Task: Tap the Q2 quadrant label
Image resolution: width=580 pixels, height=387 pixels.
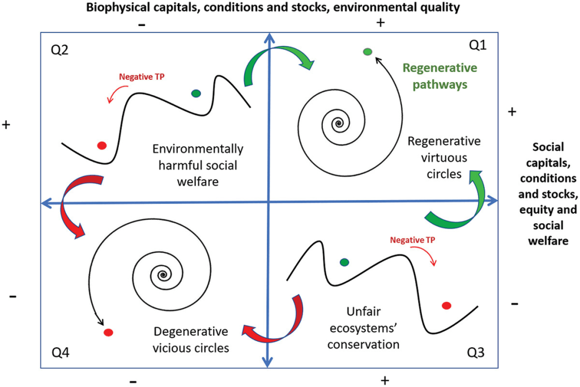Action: pyautogui.click(x=59, y=50)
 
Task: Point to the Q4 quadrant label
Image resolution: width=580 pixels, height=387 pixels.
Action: pyautogui.click(x=61, y=353)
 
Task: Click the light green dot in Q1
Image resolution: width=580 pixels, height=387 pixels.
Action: pyautogui.click(x=367, y=52)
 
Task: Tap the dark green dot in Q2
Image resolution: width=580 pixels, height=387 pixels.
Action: pyautogui.click(x=196, y=93)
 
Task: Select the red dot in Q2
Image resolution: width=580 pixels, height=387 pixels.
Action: pyautogui.click(x=102, y=146)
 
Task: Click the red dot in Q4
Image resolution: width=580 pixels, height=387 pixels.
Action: pyautogui.click(x=108, y=332)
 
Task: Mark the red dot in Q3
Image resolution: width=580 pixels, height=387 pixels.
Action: pyautogui.click(x=446, y=306)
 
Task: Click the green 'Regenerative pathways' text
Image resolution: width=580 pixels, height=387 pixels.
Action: pyautogui.click(x=440, y=76)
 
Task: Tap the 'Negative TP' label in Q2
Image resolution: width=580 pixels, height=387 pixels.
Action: pyautogui.click(x=141, y=78)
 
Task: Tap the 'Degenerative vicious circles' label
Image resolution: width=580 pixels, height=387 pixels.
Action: pyautogui.click(x=191, y=339)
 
